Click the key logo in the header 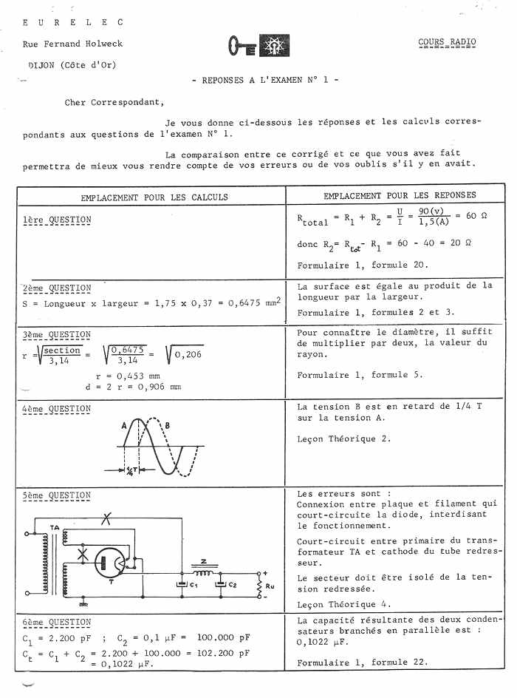pos(242,46)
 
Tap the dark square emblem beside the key pos(274,46)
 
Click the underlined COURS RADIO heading pos(447,42)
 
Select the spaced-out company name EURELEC pos(72,22)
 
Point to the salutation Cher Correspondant pos(114,103)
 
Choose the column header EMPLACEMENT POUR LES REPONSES pos(400,196)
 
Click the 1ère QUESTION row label pos(57,220)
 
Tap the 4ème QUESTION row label pos(57,409)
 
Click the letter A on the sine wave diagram pos(124,425)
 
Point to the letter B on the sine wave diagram pos(168,425)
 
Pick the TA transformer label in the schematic pos(55,527)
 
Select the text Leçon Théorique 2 pos(343,438)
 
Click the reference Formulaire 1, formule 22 pos(362,663)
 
